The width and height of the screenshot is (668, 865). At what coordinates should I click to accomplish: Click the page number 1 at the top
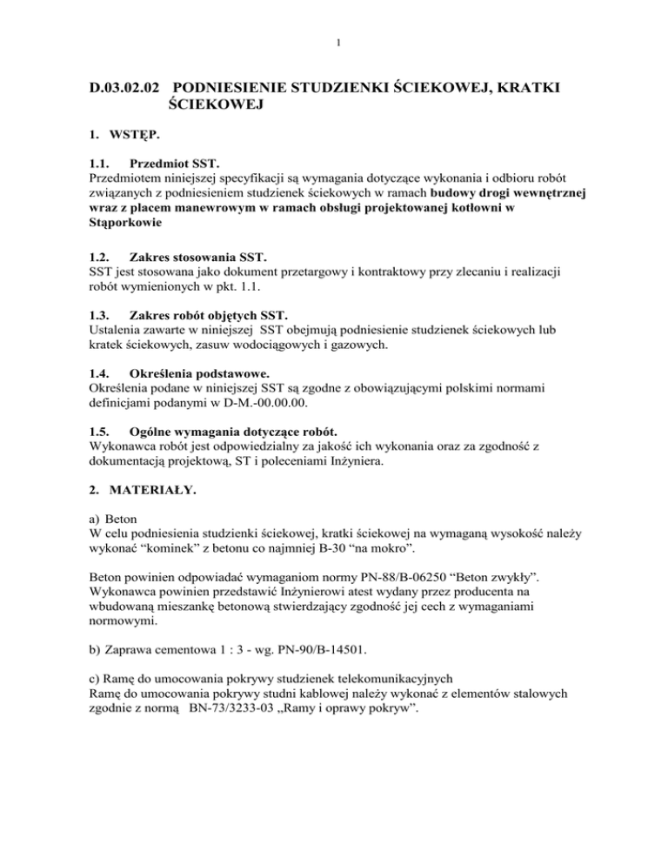(334, 40)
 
